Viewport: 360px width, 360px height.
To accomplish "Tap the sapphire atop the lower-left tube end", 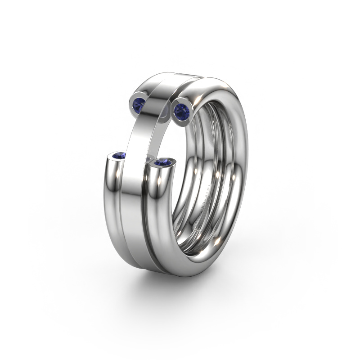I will pyautogui.click(x=119, y=156).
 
